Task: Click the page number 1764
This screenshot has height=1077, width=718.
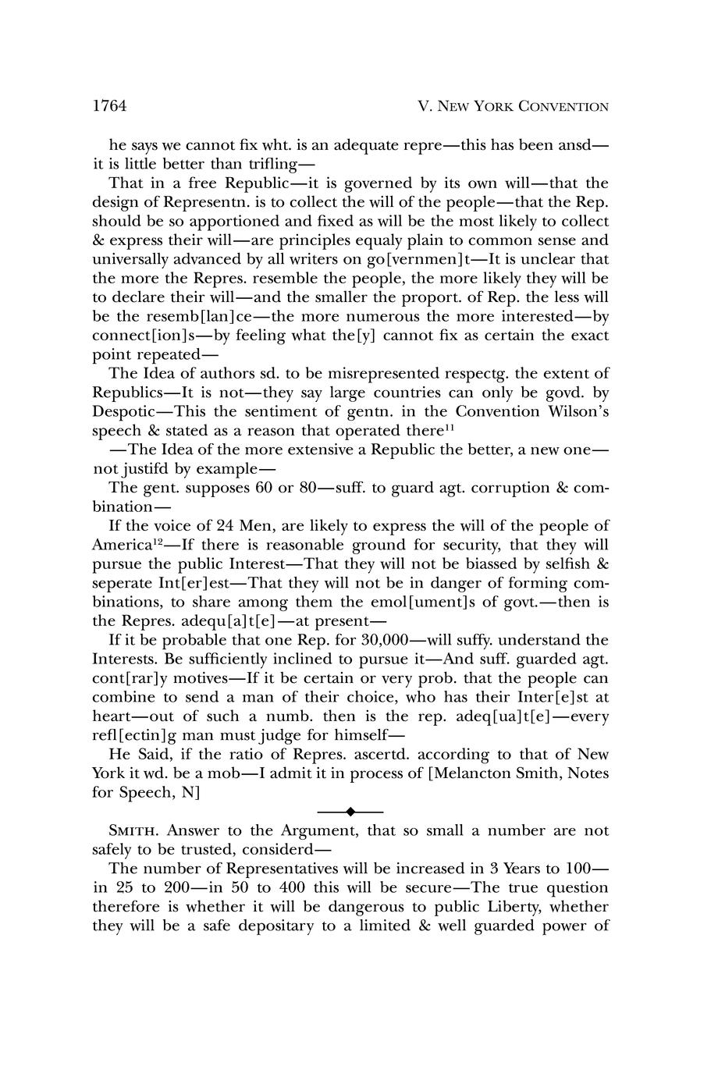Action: [109, 105]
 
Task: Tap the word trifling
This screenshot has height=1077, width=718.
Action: [265, 164]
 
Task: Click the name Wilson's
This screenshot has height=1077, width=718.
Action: [577, 411]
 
